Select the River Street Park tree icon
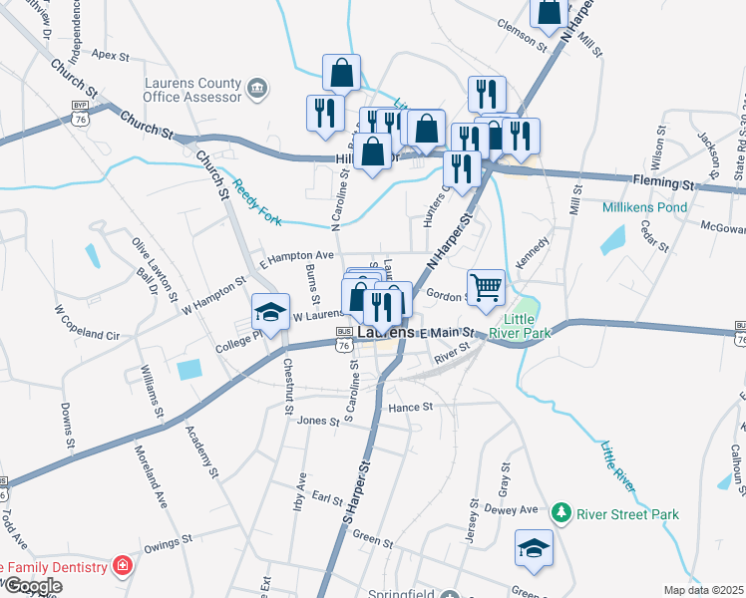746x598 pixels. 561,513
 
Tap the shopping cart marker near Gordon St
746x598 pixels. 486,287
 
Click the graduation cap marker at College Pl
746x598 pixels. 269,312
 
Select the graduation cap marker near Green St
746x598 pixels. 534,548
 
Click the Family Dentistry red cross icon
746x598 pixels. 123,567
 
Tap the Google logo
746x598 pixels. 32,586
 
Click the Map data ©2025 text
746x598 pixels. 703,590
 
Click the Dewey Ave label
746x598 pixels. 512,509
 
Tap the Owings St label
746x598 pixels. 167,544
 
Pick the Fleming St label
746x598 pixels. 662,184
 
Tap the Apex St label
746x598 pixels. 110,56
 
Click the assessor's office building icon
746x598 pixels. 258,90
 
